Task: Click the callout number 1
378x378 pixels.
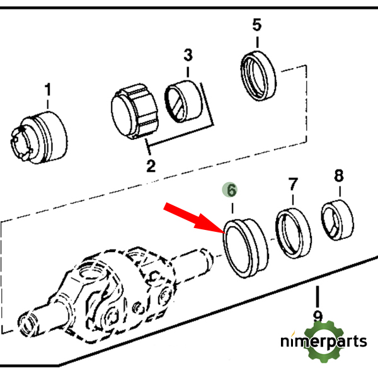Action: pos(47,91)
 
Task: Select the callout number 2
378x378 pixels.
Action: pos(151,166)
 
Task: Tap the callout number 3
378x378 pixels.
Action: pos(188,55)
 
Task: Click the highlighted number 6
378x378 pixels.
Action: pos(231,189)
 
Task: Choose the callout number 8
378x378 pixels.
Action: pos(338,176)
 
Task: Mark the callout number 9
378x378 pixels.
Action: pos(318,317)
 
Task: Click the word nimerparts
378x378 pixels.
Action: pos(323,342)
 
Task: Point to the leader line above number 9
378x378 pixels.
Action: pos(318,296)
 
